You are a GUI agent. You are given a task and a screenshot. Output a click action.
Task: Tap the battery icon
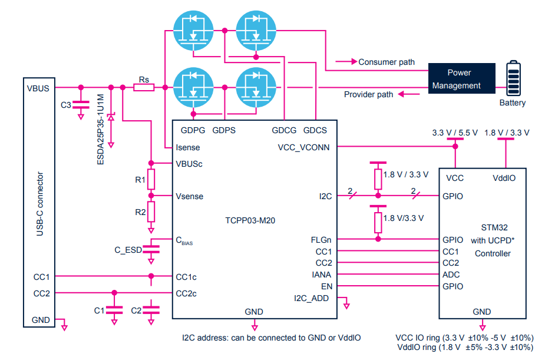tap(514, 80)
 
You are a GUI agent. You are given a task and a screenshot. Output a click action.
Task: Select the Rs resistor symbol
tap(144, 88)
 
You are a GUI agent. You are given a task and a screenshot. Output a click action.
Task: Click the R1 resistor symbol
tap(151, 179)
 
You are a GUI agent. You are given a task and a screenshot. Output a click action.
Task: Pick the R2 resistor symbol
tap(151, 210)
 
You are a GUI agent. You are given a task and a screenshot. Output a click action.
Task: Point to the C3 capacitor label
tap(66, 105)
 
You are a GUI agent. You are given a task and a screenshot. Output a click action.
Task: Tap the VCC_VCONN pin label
tap(303, 147)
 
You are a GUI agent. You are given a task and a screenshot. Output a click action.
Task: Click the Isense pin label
tap(188, 147)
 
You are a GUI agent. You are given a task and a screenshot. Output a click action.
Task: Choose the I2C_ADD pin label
tap(311, 298)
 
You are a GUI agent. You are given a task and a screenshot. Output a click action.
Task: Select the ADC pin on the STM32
tap(451, 275)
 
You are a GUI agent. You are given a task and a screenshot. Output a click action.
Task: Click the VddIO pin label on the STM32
tap(505, 177)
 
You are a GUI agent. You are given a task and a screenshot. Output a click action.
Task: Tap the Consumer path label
tap(386, 62)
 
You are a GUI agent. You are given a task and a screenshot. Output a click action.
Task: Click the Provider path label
tap(368, 94)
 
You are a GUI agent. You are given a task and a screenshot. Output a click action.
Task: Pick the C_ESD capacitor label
tap(128, 250)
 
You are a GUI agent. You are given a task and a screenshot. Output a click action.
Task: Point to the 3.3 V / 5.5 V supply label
tap(454, 132)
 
